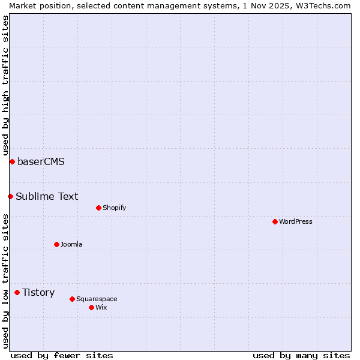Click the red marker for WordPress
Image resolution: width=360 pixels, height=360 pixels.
pos(275,221)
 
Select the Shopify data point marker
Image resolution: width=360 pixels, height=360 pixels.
pos(98,208)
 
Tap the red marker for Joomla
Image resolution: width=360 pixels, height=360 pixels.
pos(56,244)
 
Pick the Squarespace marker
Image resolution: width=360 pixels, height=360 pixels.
pos(72,299)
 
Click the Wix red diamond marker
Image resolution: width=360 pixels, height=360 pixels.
pos(91,307)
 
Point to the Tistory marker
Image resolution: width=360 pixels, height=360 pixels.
pos(17,292)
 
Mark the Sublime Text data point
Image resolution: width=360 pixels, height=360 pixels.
pos(10,196)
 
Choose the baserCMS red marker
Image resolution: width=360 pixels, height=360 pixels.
pos(12,161)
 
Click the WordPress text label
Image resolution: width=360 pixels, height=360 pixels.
pos(296,221)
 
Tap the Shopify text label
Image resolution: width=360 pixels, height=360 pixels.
pos(114,208)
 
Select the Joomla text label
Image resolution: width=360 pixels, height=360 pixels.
pos(71,244)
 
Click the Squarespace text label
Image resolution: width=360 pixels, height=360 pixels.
pos(97,299)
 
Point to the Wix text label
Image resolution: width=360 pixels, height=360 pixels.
pos(101,307)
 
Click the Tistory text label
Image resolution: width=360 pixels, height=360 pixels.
pos(38,292)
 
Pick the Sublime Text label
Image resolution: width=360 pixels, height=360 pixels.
pos(47,196)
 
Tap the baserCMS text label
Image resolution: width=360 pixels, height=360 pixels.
pos(41,161)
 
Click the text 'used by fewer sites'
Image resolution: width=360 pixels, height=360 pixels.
pos(62,355)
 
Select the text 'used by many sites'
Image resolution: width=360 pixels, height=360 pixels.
pos(301,355)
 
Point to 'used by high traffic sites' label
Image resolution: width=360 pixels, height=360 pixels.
pos(5,86)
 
